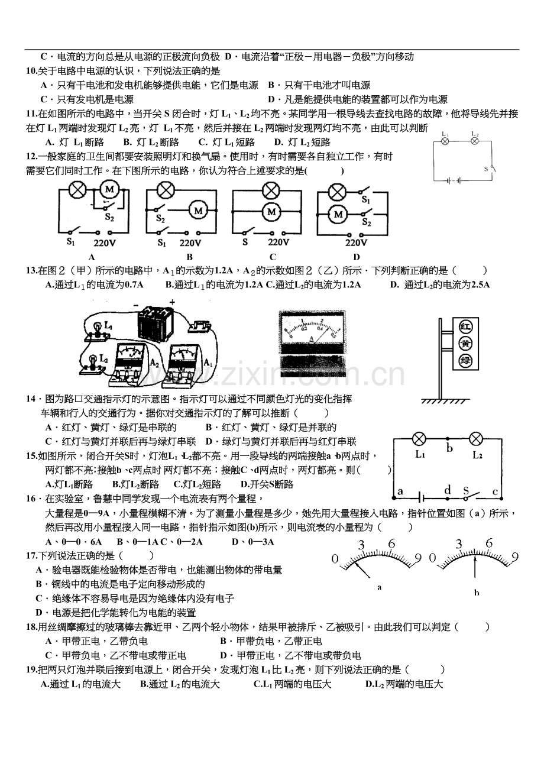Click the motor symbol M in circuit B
(199, 210)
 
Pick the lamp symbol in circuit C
(271, 190)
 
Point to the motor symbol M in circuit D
(338, 214)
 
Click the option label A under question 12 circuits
(92, 257)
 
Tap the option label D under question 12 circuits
(357, 257)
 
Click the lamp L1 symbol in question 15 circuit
(419, 439)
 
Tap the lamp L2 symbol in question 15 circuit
(476, 439)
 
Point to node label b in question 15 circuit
(449, 449)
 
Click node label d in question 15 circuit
(448, 490)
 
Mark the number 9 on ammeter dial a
(417, 558)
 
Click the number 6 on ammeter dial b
(489, 543)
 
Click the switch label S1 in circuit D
(366, 200)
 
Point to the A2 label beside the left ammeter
(154, 363)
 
